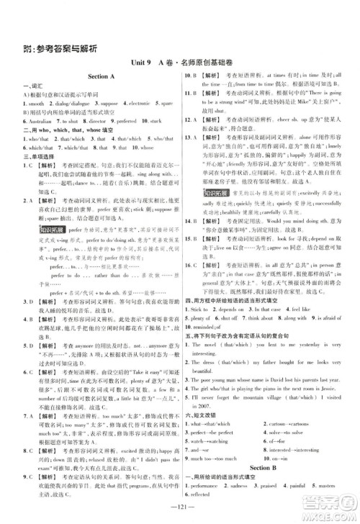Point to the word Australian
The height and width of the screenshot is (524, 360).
pyautogui.click(x=32, y=122)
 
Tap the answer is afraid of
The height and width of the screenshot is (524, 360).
pyautogui.click(x=330, y=297)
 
